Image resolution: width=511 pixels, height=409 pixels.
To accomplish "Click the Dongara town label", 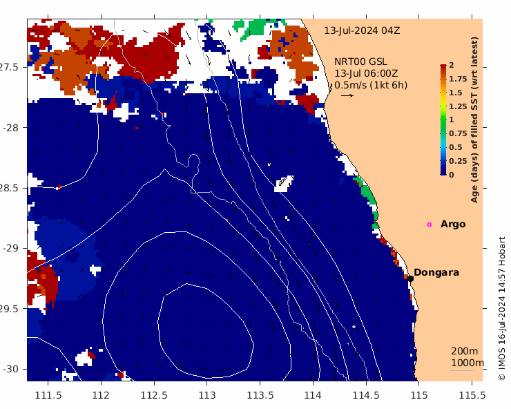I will [436, 273].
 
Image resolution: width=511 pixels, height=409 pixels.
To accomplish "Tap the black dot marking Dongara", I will [410, 278].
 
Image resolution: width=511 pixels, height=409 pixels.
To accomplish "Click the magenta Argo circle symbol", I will [429, 225].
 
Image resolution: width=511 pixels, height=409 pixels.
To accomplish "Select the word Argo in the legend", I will [453, 225].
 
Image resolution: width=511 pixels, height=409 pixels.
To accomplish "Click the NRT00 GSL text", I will [360, 61].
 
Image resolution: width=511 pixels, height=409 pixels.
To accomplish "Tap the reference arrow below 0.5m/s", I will [347, 95].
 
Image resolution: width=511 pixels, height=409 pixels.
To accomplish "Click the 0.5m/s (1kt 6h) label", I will [371, 85].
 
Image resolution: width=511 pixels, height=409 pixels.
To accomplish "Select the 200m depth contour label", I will [464, 352].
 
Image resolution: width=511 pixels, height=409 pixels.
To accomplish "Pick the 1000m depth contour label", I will [467, 363].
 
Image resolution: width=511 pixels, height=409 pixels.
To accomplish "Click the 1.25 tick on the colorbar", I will [458, 106].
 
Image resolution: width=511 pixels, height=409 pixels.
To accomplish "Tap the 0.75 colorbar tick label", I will [458, 133].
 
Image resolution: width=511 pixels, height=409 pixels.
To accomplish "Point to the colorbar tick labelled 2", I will [452, 65].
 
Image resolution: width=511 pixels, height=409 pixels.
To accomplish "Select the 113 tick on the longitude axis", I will [207, 395].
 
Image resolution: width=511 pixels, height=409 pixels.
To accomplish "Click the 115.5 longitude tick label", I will [472, 395].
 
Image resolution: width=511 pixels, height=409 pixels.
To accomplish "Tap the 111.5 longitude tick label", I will [48, 395].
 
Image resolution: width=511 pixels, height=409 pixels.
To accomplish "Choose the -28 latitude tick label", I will [15, 128].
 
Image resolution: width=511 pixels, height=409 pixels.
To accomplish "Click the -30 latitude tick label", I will [15, 369].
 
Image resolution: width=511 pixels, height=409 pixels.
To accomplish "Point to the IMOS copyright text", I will [502, 309].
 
